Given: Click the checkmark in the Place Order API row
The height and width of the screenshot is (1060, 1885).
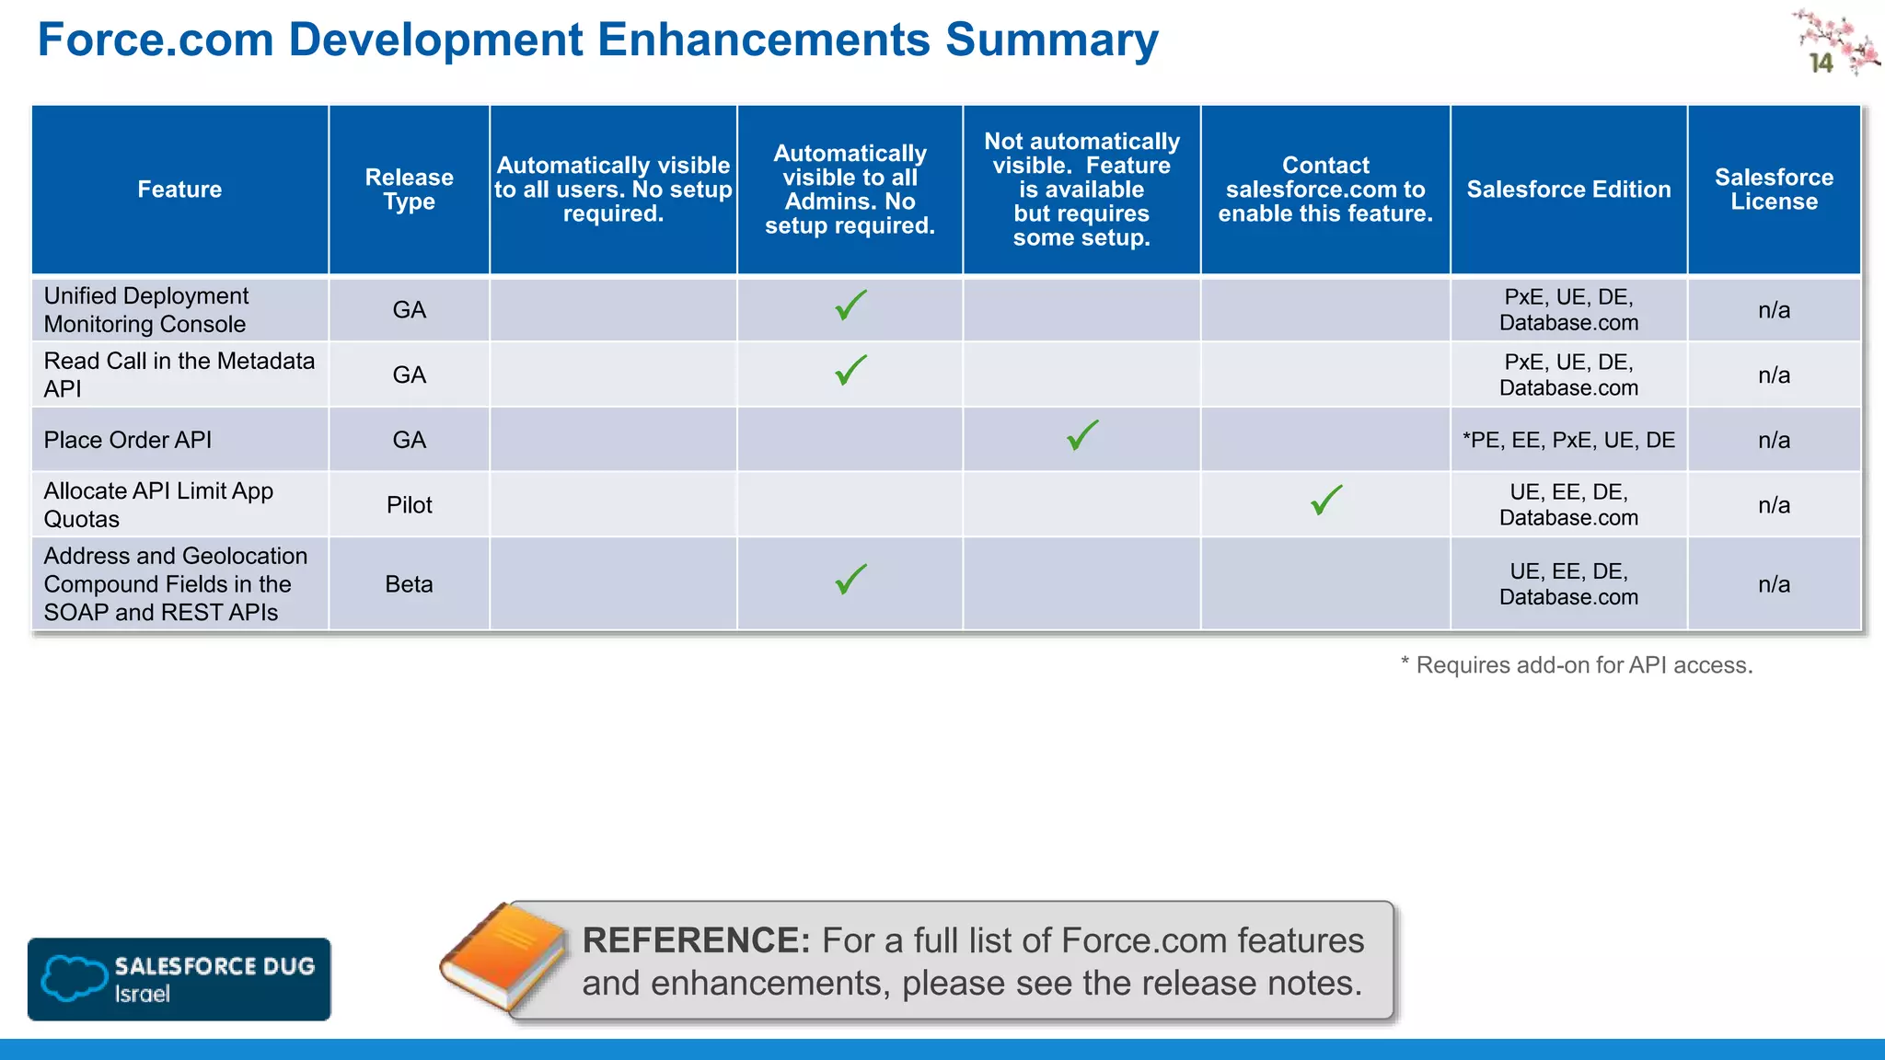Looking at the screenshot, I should (x=1082, y=435).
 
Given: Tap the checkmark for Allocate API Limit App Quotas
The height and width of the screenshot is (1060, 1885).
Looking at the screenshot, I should (x=1326, y=501).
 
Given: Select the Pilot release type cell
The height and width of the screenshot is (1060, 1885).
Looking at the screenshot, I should (x=409, y=505).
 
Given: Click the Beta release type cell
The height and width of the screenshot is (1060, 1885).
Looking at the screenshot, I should (x=409, y=584).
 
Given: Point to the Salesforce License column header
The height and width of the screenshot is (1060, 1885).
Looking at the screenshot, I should (x=1774, y=190).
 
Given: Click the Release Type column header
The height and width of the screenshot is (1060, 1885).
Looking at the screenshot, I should (x=409, y=190).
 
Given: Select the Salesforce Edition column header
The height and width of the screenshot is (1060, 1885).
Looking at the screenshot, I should (x=1568, y=190).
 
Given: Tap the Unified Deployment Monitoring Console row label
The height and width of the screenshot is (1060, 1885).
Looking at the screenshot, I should (x=146, y=310).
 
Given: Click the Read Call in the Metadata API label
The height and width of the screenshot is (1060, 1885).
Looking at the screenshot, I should (x=179, y=374).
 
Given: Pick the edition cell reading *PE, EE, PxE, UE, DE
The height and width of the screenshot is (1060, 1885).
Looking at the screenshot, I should (x=1568, y=440).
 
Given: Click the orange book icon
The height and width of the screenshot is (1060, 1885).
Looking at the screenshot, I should (x=504, y=957).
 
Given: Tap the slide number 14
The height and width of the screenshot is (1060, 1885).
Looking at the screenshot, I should (x=1821, y=63).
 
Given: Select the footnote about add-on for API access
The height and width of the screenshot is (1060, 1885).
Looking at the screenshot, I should (x=1576, y=665).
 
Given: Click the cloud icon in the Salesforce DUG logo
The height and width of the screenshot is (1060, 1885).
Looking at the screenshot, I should (x=74, y=977).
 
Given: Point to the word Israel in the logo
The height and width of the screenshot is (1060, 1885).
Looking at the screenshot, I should (x=142, y=994).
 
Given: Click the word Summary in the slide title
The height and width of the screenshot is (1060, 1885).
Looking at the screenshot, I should (x=1051, y=40).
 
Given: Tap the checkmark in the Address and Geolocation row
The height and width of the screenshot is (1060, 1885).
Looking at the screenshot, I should (x=850, y=580).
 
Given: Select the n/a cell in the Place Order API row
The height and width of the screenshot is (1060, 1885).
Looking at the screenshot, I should (x=1774, y=440).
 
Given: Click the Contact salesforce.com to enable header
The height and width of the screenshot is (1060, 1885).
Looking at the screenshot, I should (x=1325, y=190).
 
